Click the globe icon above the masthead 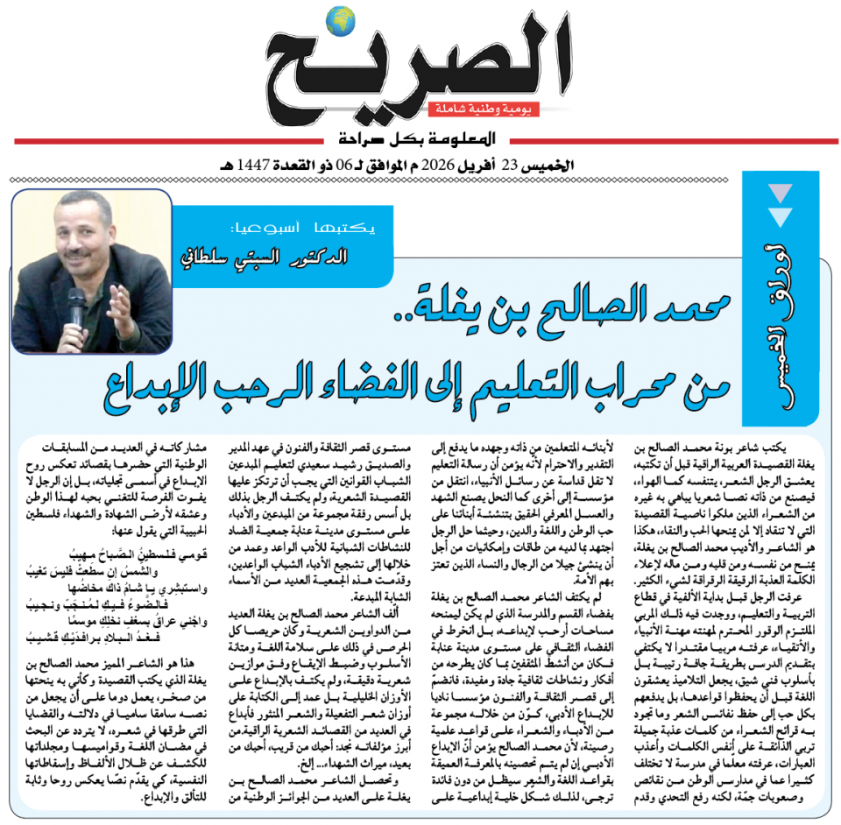pos(337,18)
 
